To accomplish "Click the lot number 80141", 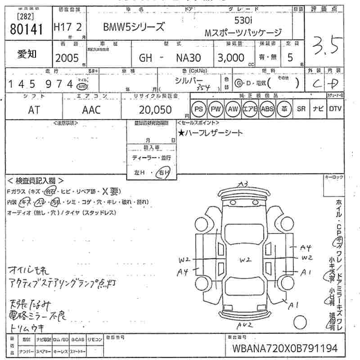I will coord(26,29).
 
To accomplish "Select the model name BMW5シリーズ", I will coord(134,27).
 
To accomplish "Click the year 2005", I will coord(67,58).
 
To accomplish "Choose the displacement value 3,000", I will coord(231,58).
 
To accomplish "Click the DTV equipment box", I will coord(335,109).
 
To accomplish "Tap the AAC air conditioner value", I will coord(91,110).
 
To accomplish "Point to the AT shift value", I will coord(34,110).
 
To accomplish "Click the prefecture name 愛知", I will coord(27,54).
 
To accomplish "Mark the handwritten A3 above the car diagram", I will coord(243,184).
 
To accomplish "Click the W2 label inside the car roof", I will coord(245,260).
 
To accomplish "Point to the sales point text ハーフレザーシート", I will coord(210,133).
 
